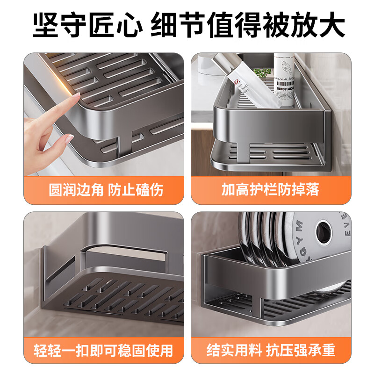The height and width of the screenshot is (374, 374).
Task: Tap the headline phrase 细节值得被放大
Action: tap(248, 26)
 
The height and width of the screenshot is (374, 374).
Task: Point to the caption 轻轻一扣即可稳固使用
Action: tap(104, 349)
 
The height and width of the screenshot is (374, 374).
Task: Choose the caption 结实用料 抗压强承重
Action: tap(271, 349)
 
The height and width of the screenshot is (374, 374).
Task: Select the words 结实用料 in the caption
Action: tap(230, 349)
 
